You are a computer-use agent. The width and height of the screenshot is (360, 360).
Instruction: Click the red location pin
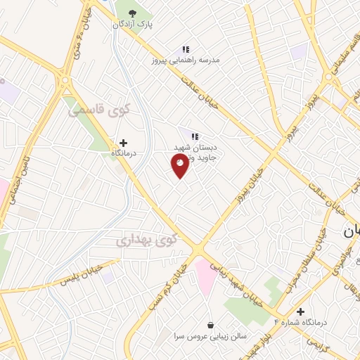click(180, 165)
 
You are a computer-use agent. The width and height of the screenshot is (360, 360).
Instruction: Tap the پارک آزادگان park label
click(132, 24)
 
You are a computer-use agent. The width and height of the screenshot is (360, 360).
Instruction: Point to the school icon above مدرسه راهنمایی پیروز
click(186, 49)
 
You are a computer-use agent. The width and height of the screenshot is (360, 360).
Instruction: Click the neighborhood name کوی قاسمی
click(100, 110)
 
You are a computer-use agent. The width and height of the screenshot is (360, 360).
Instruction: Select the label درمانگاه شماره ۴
click(300, 323)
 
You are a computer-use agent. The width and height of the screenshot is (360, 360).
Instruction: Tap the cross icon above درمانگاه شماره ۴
click(301, 311)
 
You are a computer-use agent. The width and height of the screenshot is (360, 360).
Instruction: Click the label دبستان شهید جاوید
click(198, 153)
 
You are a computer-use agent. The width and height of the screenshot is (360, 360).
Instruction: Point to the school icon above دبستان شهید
click(194, 136)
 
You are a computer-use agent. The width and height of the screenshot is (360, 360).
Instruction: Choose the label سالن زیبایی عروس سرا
click(210, 336)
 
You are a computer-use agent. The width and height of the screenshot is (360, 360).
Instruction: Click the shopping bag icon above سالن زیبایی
click(210, 325)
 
